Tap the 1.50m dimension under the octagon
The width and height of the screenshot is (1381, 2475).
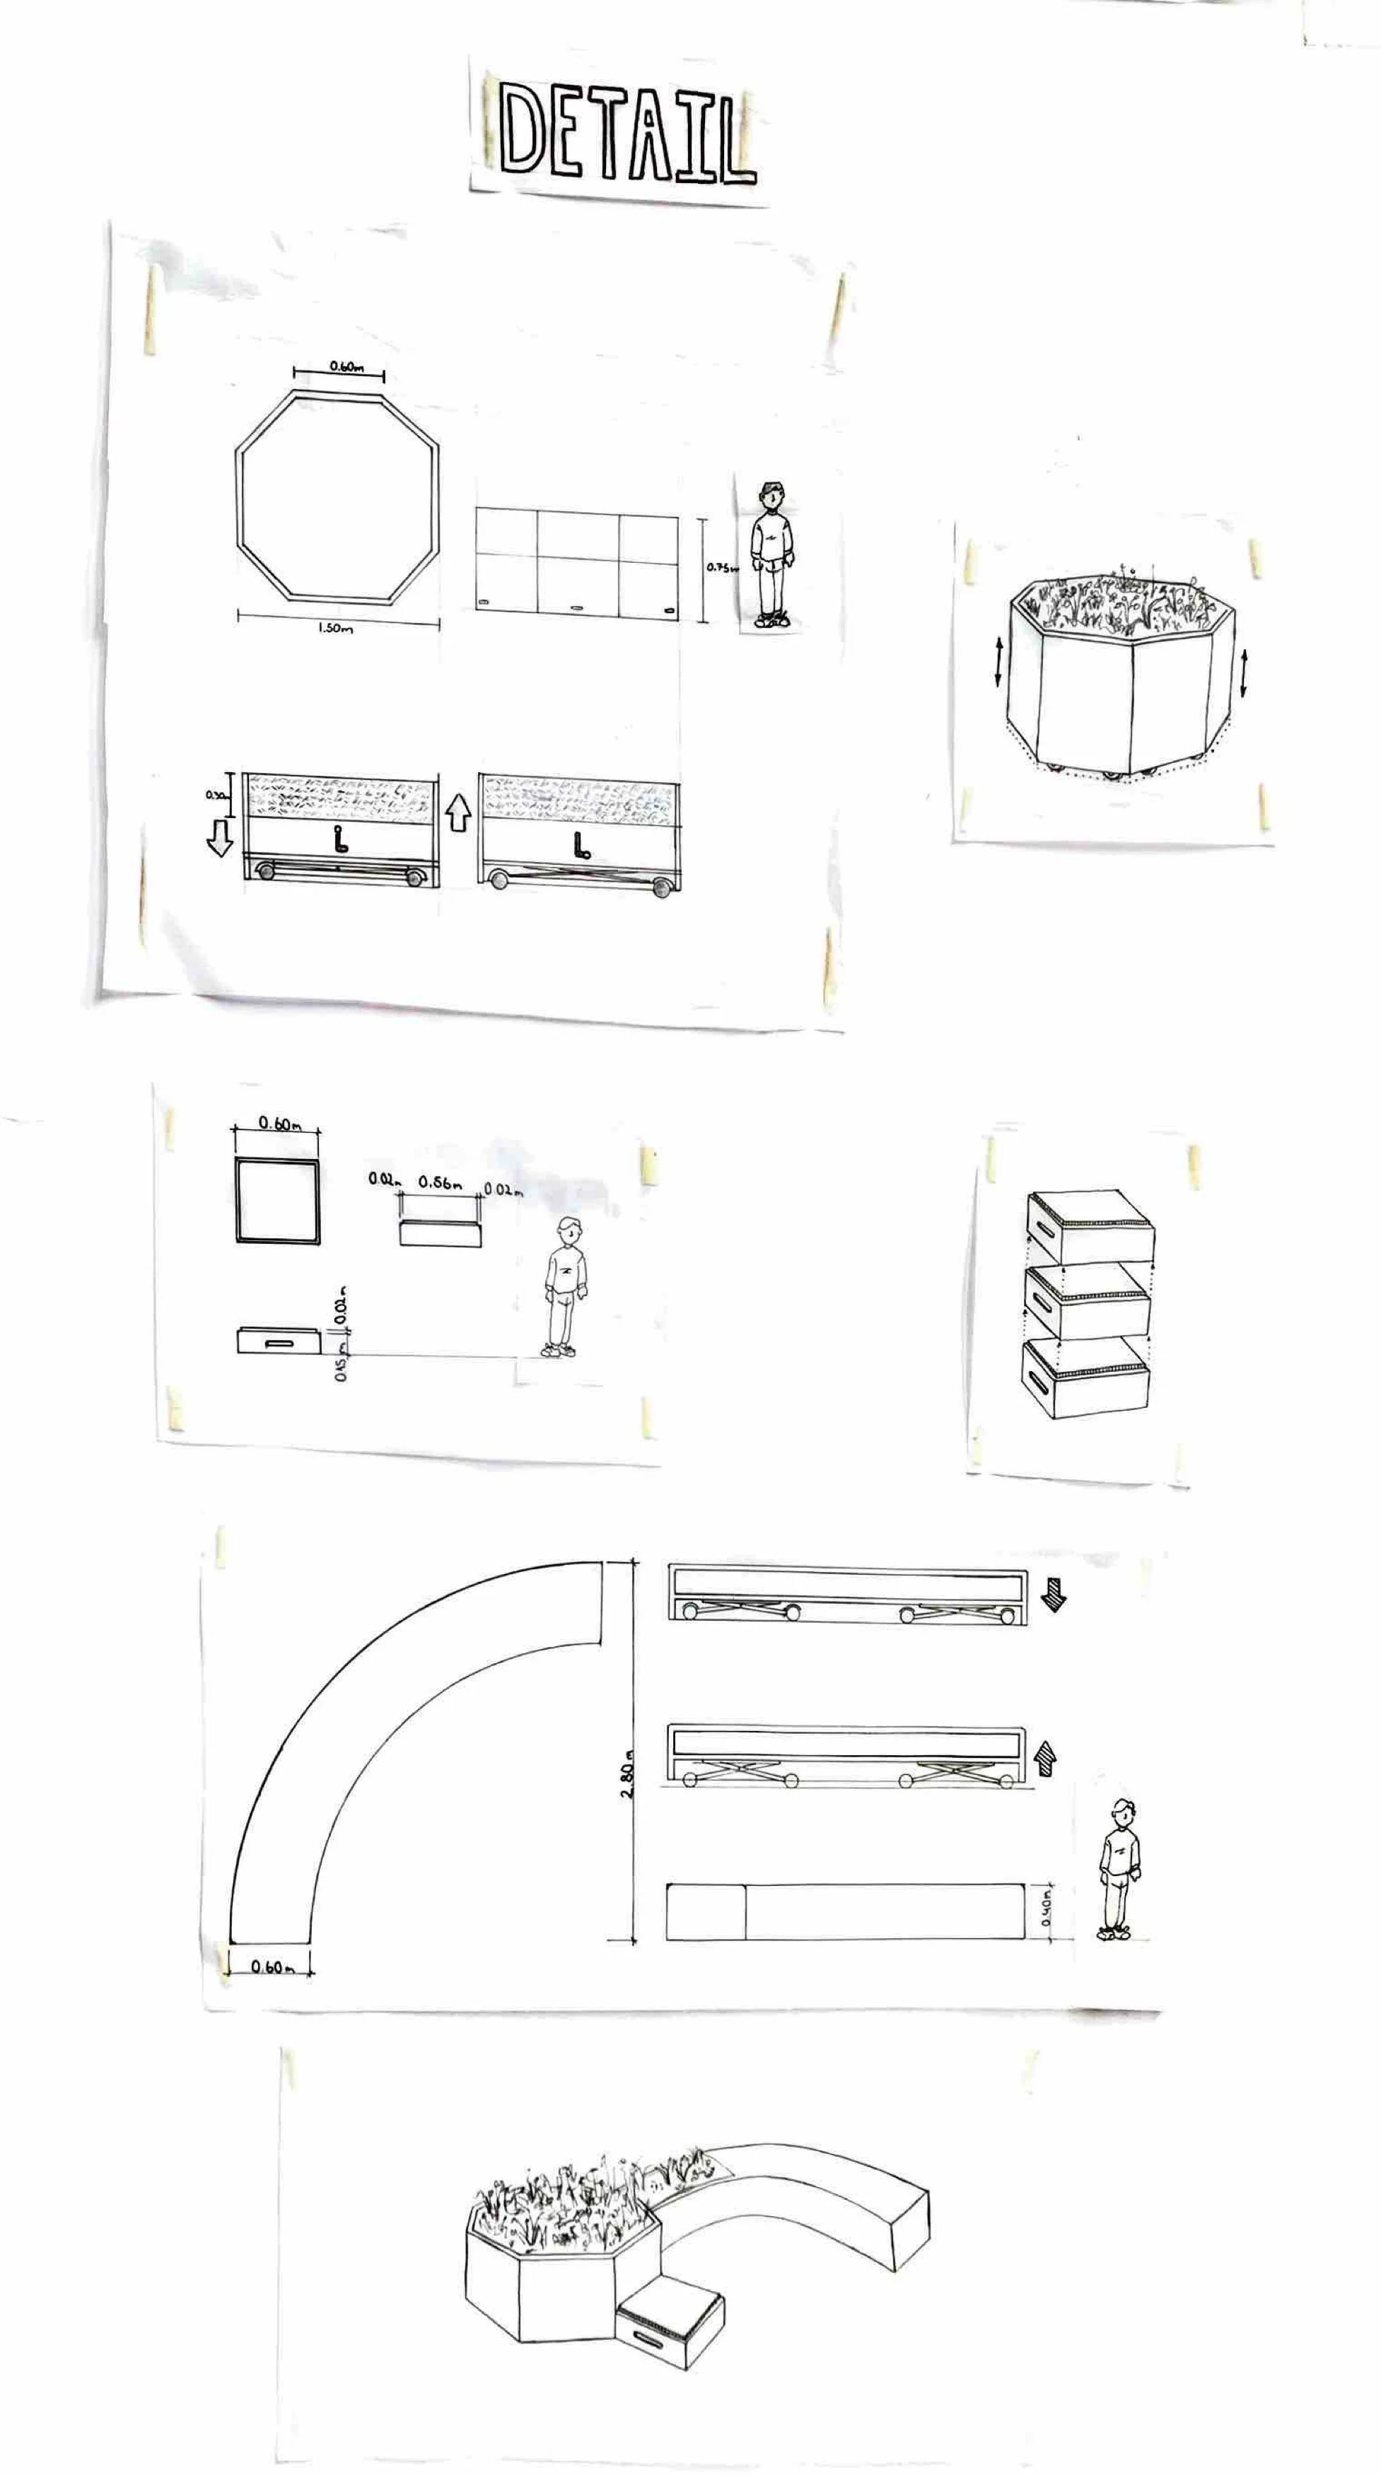click(335, 629)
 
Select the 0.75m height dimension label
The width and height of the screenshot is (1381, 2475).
click(721, 568)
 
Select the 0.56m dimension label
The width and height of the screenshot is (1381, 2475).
click(441, 1183)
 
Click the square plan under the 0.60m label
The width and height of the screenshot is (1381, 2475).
click(276, 1201)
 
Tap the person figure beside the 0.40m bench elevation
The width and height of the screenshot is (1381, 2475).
click(1119, 1866)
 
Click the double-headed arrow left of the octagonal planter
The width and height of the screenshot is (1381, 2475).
click(998, 662)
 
